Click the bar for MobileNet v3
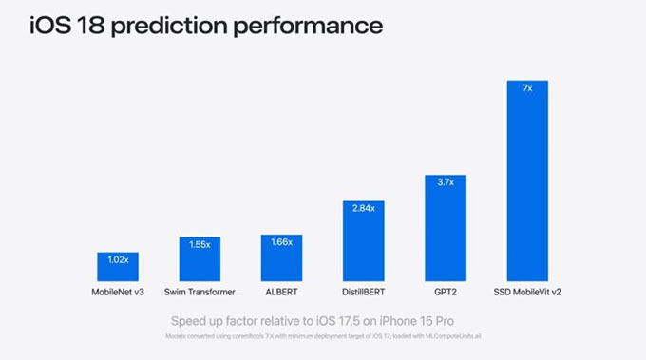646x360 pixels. (119, 267)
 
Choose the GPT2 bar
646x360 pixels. (446, 228)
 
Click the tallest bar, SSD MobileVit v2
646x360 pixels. (527, 180)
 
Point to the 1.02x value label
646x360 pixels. (119, 259)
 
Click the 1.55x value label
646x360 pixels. (200, 244)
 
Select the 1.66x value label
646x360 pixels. (282, 242)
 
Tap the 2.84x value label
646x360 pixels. (364, 208)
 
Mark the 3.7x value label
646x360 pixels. (446, 182)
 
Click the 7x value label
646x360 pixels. (527, 87)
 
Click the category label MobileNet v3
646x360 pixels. (119, 292)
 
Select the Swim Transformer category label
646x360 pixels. (200, 292)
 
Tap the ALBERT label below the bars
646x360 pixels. (282, 292)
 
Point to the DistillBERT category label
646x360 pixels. (364, 292)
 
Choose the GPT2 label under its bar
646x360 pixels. (446, 292)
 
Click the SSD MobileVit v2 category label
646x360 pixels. (527, 292)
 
